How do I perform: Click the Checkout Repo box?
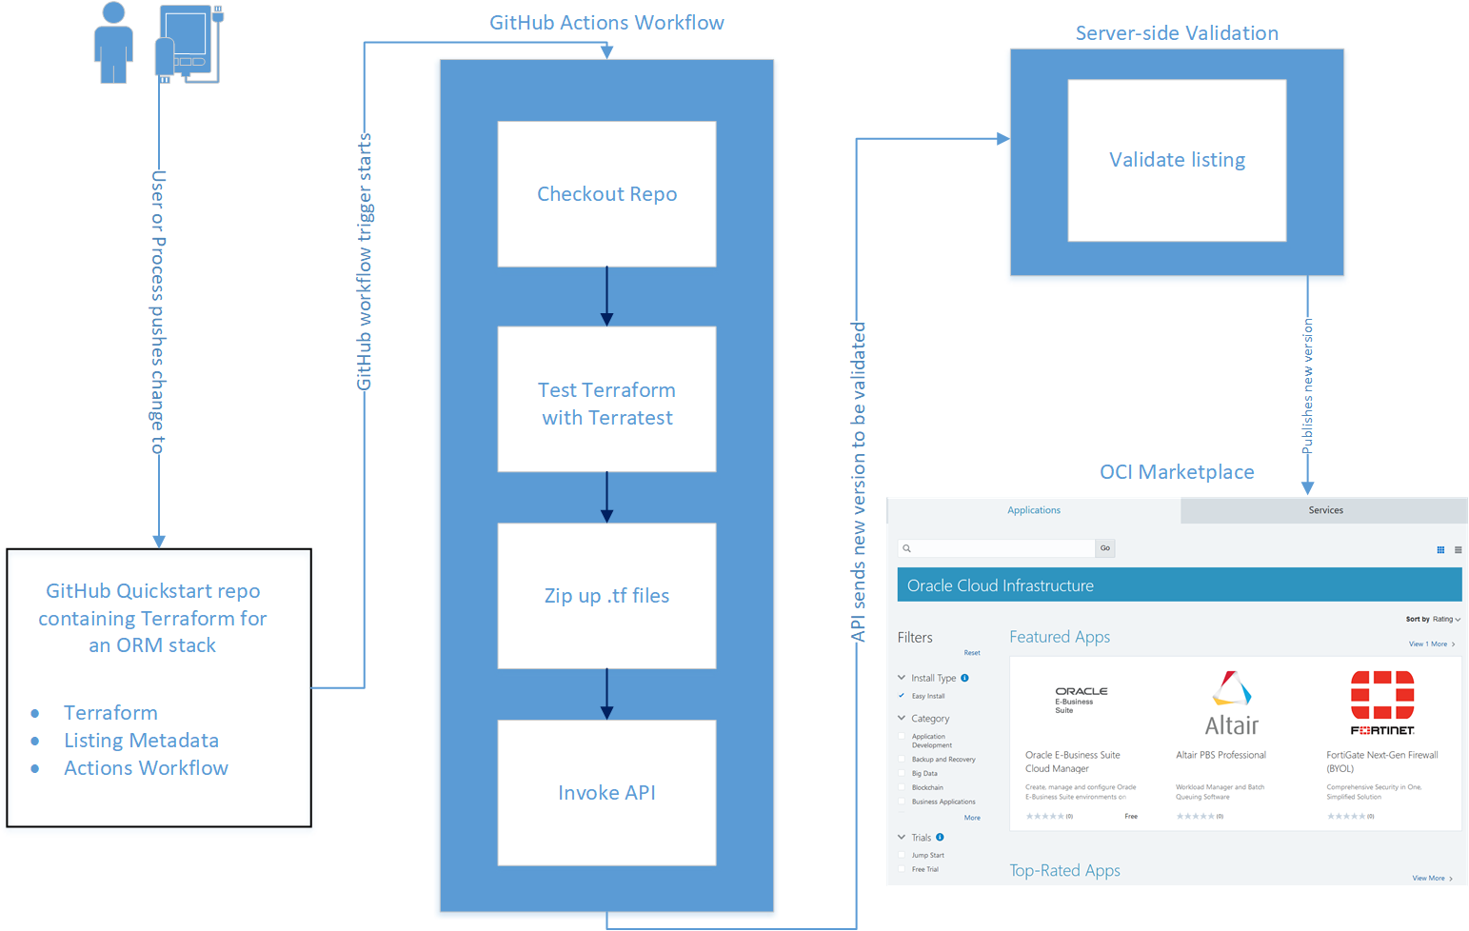tap(606, 194)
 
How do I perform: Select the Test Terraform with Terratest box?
tap(606, 400)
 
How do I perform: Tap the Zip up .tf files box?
tap(606, 596)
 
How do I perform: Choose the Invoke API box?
tap(606, 793)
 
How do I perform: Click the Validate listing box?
tap(1177, 160)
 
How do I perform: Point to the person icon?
tap(113, 43)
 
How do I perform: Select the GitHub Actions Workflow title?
tap(606, 23)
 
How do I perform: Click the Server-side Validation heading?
tap(1177, 33)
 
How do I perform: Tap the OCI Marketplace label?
tap(1177, 472)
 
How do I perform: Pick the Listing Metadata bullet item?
tap(141, 741)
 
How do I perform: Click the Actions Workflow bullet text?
tap(146, 768)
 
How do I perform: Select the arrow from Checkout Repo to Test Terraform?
tap(606, 297)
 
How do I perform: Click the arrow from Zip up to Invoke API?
tap(606, 694)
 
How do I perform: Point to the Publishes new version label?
tap(1307, 386)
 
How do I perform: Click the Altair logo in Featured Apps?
tap(1231, 703)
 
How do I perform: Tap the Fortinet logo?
tap(1382, 703)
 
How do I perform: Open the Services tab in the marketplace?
tap(1325, 510)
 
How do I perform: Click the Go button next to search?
tap(1104, 548)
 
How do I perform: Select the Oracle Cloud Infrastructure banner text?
tap(1000, 585)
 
